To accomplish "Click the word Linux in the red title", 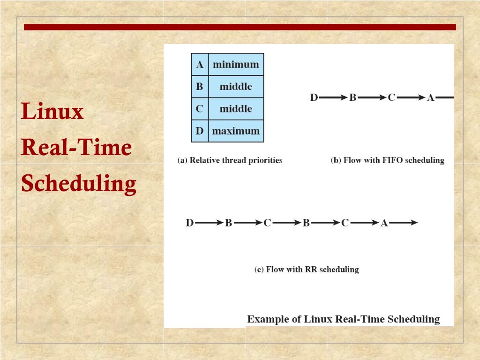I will [52, 112].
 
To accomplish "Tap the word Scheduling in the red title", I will [79, 183].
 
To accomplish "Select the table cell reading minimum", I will [236, 65].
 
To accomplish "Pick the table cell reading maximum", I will [236, 131].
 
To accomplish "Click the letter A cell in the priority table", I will [200, 65].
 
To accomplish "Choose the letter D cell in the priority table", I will [200, 131].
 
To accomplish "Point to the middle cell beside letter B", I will [236, 87].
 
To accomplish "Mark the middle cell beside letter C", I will [236, 109].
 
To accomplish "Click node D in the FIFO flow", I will [314, 98].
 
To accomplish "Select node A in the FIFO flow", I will [430, 98].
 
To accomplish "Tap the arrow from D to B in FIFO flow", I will [333, 98].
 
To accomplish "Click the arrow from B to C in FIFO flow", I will [372, 98].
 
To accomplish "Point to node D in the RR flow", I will [190, 223].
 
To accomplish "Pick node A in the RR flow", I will [384, 223].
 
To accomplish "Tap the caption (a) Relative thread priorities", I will [230, 160].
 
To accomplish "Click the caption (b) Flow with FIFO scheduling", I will [387, 160].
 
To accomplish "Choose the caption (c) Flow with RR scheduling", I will [306, 270].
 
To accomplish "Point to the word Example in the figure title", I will [267, 320].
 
